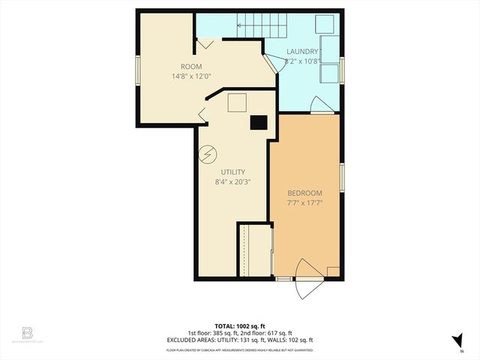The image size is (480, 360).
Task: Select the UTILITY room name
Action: click(232, 172)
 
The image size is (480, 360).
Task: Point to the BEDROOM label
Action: click(304, 193)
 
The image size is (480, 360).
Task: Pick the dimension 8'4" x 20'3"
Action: click(232, 181)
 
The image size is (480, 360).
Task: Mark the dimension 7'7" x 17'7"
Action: click(304, 202)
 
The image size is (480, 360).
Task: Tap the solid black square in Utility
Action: click(259, 123)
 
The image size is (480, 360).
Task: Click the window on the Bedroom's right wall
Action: click(341, 178)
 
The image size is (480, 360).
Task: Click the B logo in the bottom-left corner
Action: click(28, 331)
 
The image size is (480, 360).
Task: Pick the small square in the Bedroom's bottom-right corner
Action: click(334, 271)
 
